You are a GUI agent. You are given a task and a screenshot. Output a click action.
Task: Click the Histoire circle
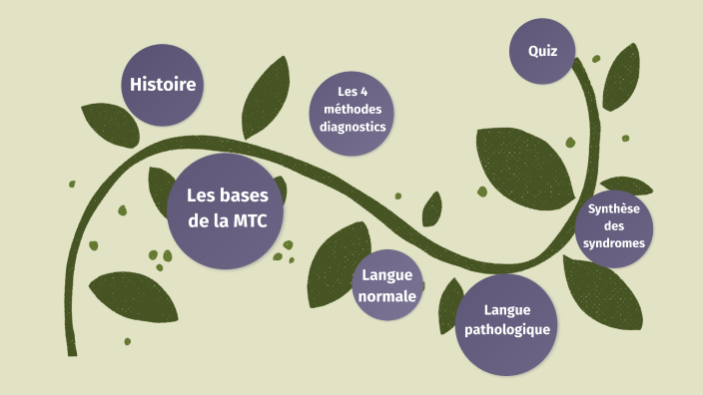point(161,85)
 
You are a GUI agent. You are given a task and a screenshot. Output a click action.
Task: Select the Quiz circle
point(543,50)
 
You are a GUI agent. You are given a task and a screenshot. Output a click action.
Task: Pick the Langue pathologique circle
point(503,319)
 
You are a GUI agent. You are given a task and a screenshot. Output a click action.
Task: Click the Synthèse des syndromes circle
point(614,226)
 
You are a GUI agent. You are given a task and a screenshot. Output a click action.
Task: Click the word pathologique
point(503,329)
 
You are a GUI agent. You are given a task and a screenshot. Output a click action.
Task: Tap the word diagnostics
point(352,127)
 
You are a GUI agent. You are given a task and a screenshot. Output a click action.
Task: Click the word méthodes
point(352,110)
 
